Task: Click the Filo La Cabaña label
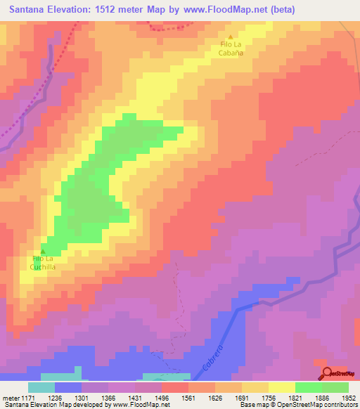click(x=231, y=48)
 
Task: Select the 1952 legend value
click(x=348, y=398)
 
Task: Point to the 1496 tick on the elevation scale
click(x=161, y=398)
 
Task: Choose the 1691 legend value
click(x=241, y=398)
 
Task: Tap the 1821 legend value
click(x=295, y=398)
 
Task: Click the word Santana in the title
click(x=29, y=9)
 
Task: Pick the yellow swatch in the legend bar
click(x=281, y=387)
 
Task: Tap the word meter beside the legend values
click(x=11, y=398)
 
